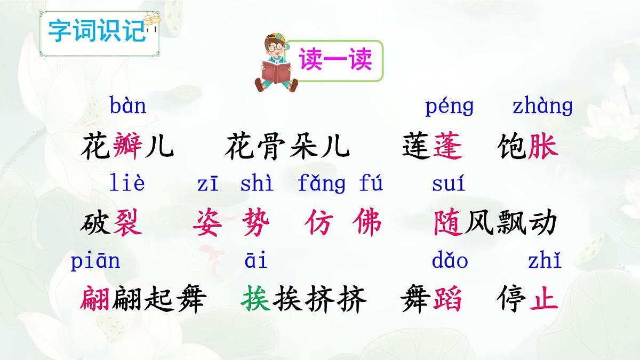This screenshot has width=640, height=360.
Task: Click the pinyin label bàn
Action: [128, 106]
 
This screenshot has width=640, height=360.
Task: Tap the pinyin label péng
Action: [449, 107]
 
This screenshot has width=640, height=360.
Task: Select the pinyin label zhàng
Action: [542, 107]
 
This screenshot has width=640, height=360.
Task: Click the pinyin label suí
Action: [449, 184]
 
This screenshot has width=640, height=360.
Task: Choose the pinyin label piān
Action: [95, 262]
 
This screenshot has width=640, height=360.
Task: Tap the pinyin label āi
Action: [256, 261]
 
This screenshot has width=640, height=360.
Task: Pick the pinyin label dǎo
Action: [450, 261]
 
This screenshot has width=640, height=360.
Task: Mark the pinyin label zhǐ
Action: [545, 261]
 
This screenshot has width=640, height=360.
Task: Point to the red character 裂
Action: [128, 223]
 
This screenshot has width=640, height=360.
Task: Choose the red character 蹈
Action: [447, 300]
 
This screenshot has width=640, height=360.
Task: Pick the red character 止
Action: [543, 300]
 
